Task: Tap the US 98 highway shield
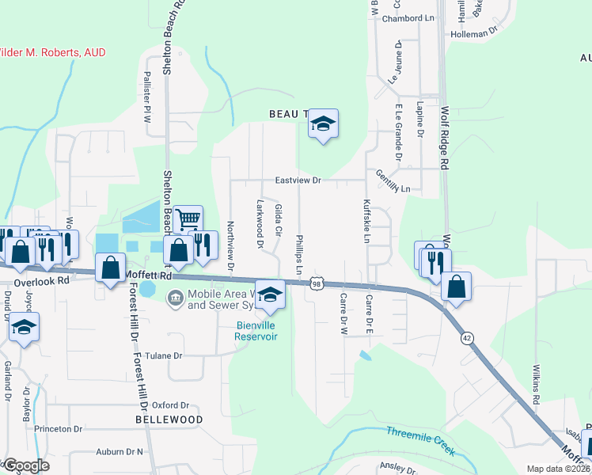[317, 283]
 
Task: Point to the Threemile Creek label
[421, 441]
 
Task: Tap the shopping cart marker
[188, 220]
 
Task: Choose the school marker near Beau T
[323, 123]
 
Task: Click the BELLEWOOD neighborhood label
[169, 419]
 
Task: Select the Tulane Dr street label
[163, 356]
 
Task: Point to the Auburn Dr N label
[120, 452]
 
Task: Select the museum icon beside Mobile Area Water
[174, 298]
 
